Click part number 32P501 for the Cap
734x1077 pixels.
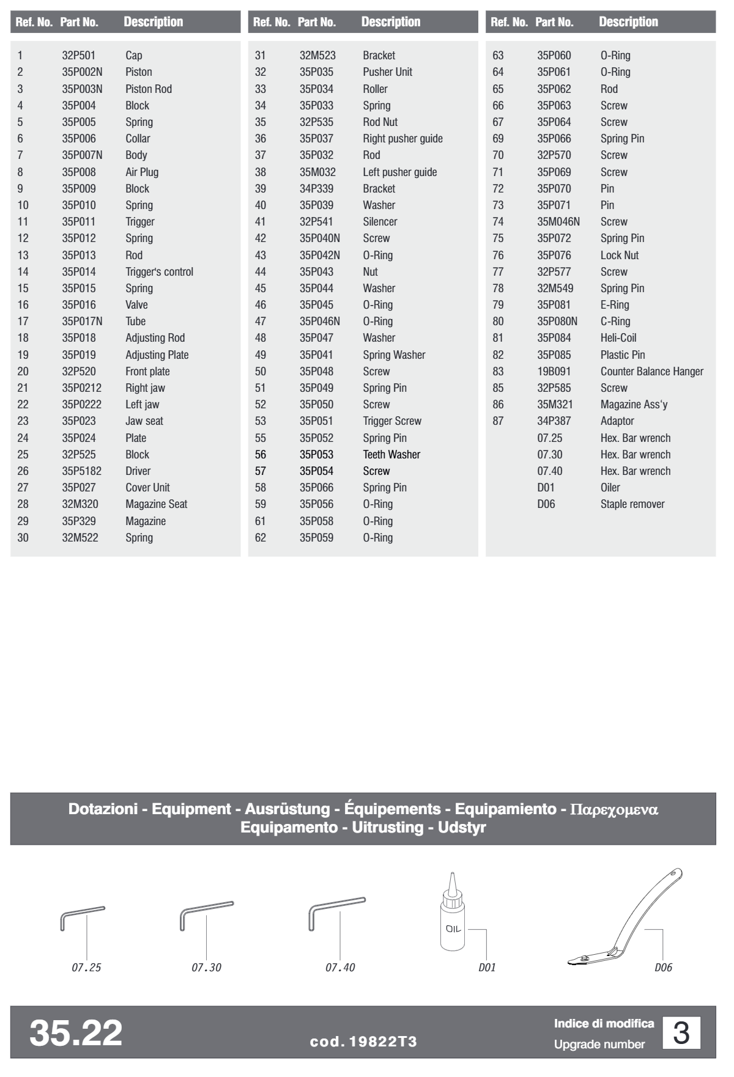78,56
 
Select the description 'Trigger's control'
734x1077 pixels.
159,272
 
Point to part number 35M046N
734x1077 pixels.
558,222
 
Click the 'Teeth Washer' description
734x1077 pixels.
391,455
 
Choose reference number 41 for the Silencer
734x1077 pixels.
261,222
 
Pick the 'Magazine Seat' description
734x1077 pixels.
156,504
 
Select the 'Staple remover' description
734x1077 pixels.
632,504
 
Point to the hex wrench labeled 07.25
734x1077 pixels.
82,917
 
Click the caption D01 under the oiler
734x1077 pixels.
487,968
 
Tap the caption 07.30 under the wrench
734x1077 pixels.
207,968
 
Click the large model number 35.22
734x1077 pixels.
76,1032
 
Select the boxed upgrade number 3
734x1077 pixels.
681,1033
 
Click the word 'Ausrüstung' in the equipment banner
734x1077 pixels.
287,809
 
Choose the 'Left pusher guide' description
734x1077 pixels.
399,172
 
